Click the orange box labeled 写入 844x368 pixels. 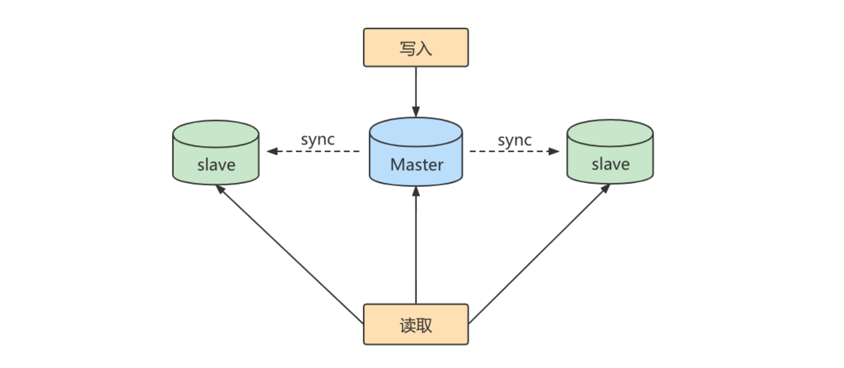[x=415, y=47]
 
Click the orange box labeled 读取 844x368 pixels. [x=415, y=324]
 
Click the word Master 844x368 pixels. [x=416, y=165]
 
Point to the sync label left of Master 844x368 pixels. [x=318, y=140]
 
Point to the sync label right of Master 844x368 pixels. [x=515, y=140]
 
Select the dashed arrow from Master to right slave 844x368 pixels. [x=514, y=151]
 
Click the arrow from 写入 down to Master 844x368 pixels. [x=415, y=91]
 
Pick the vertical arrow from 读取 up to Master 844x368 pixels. [x=416, y=247]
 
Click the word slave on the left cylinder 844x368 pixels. [x=216, y=165]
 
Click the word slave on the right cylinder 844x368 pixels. [x=610, y=164]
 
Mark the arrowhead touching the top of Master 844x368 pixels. [x=415, y=112]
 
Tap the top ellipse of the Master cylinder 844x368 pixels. [x=415, y=132]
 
